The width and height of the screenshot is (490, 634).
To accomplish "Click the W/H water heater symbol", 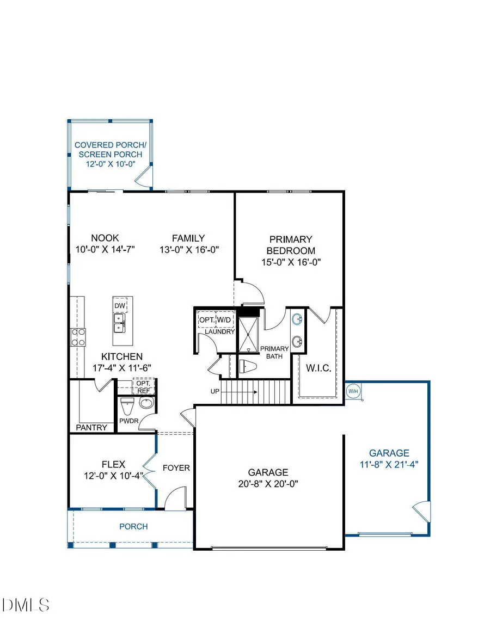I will pyautogui.click(x=352, y=391).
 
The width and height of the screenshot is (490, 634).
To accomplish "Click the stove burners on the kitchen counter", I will pyautogui.click(x=77, y=337).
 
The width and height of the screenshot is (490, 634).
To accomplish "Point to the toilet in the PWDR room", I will pyautogui.click(x=127, y=405).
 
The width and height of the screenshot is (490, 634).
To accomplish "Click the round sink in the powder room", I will pyautogui.click(x=146, y=404).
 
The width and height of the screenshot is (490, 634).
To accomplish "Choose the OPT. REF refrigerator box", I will pyautogui.click(x=144, y=386).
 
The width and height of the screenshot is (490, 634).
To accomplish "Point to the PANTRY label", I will pyautogui.click(x=91, y=427).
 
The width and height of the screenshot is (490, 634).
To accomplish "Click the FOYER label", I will pyautogui.click(x=176, y=467).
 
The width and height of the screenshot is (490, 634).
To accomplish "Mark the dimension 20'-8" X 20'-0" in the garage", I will pyautogui.click(x=267, y=483).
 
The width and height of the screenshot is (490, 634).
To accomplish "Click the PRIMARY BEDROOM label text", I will pyautogui.click(x=291, y=245).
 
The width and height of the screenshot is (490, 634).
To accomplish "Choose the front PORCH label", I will pyautogui.click(x=133, y=526).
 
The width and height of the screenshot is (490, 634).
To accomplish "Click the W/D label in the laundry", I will pyautogui.click(x=224, y=319).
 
